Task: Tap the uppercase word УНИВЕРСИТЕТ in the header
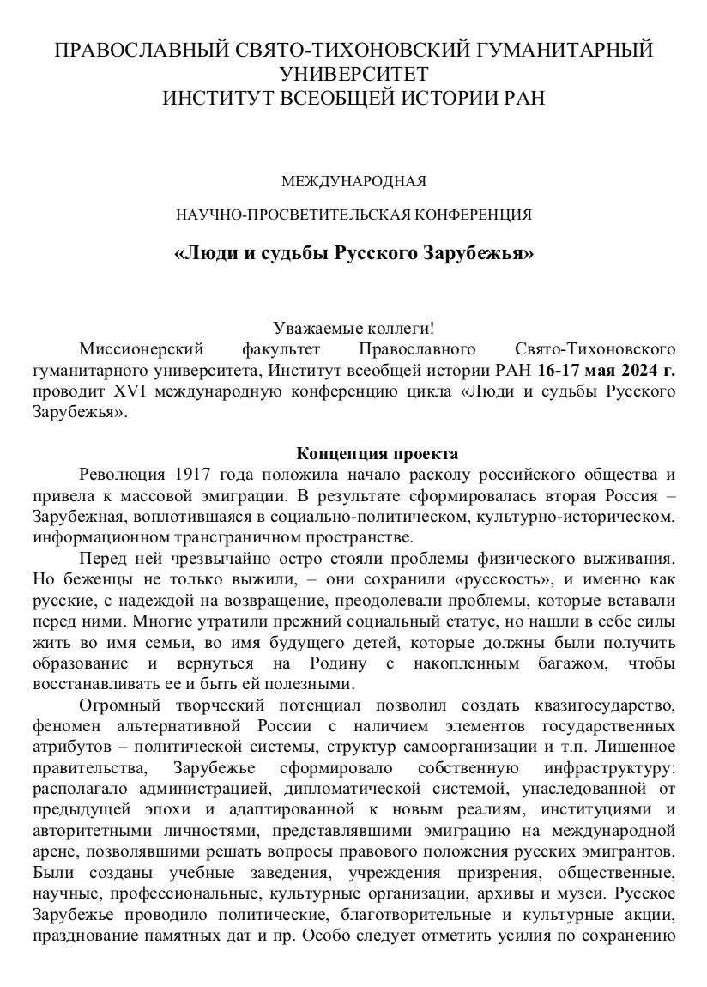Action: (x=353, y=74)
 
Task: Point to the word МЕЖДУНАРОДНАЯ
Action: (x=353, y=182)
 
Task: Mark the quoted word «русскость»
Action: (x=452, y=580)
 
